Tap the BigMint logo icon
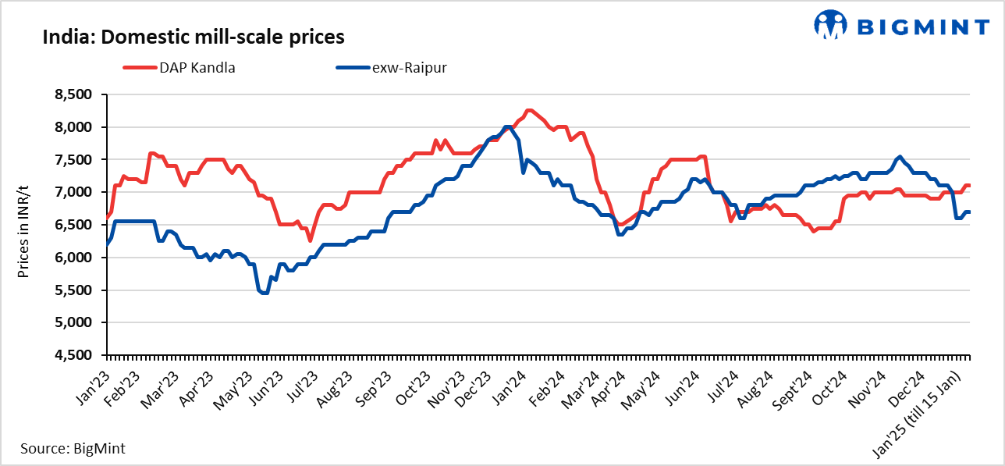[830, 25]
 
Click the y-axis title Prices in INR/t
[23, 225]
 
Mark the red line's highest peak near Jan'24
[529, 111]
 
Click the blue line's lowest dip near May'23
[264, 293]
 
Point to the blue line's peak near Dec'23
[507, 126]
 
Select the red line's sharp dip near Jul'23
[310, 240]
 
